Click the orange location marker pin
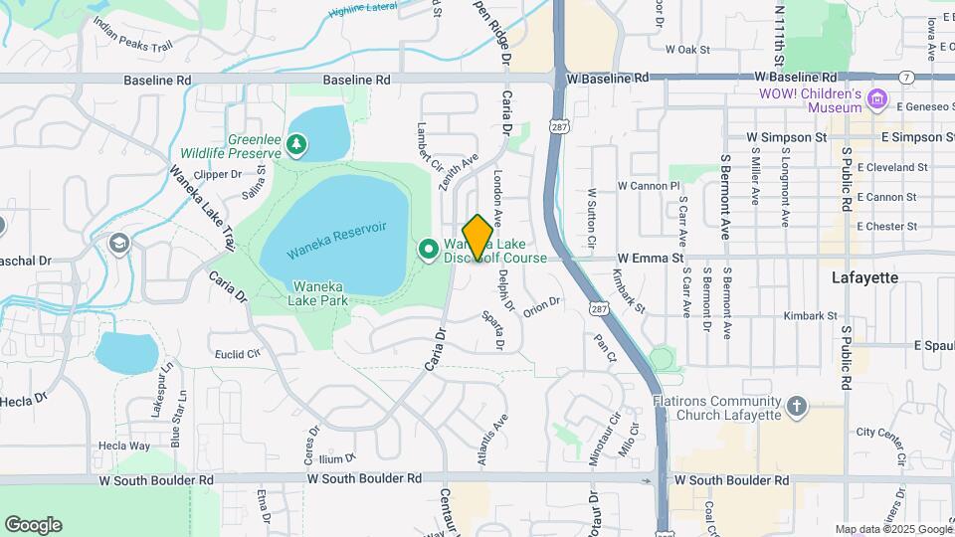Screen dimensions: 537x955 coord(477,238)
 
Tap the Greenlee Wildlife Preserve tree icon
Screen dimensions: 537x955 coord(295,146)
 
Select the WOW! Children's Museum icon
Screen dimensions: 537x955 coord(876,99)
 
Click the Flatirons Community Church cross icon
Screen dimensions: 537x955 coord(796,406)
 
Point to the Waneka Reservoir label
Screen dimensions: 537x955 coord(336,241)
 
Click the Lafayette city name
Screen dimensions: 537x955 coord(864,279)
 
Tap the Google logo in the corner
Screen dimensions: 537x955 coord(33,525)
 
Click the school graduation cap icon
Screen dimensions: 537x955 coord(119,244)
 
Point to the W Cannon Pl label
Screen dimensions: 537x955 coord(648,186)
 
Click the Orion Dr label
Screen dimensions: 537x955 coord(542,303)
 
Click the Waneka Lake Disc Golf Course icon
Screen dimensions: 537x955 coord(429,248)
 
